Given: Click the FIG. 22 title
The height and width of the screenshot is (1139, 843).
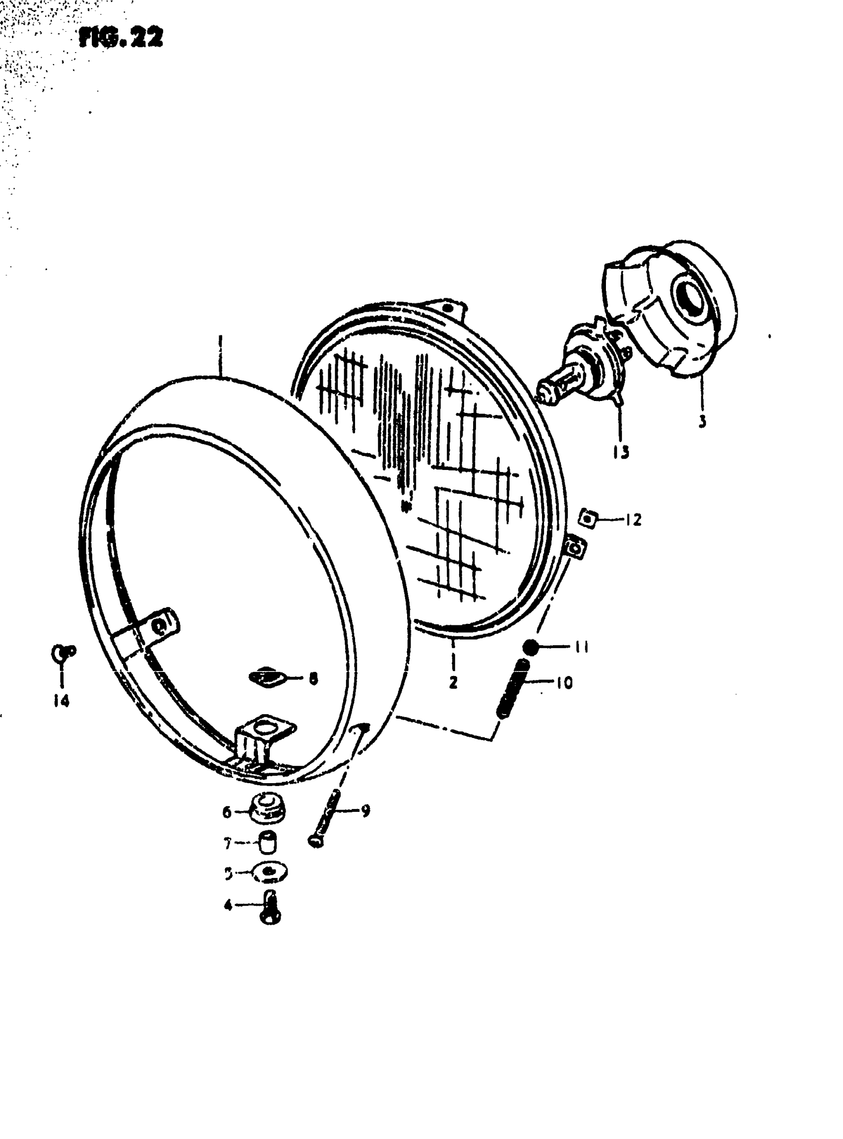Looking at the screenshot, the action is click(121, 38).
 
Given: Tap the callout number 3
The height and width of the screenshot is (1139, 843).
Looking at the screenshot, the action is click(702, 422).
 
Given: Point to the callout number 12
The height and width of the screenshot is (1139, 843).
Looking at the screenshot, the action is click(633, 520).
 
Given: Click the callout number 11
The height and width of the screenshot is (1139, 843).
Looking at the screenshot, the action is click(582, 647).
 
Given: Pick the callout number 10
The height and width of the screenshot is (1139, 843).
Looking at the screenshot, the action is click(564, 683).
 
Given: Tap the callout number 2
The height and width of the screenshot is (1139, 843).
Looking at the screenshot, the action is click(454, 682).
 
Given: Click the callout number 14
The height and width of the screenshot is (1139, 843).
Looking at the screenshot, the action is click(61, 701).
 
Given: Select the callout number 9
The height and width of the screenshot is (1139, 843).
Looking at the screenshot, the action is click(365, 810).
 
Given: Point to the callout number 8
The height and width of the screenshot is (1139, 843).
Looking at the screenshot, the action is click(313, 678).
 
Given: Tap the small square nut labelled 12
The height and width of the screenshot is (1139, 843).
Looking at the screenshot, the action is click(587, 520).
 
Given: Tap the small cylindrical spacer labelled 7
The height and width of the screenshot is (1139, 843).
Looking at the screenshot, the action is click(268, 842).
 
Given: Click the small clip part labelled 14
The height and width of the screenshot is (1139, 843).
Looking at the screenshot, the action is click(63, 652).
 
